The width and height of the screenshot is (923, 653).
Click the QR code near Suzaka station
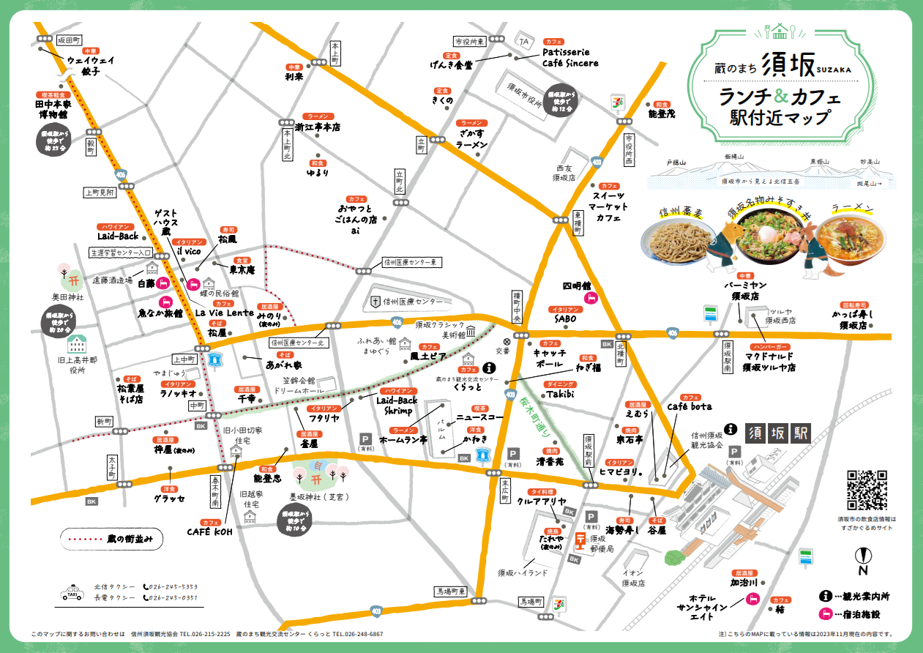[867, 490]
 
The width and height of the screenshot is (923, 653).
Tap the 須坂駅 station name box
[778, 433]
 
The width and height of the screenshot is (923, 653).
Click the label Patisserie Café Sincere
[570, 58]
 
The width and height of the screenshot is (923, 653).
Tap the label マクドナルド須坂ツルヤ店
[769, 362]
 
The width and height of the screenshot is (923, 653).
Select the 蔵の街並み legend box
[111, 538]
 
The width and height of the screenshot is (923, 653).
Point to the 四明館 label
[576, 286]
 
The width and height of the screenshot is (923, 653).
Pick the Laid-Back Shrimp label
[397, 406]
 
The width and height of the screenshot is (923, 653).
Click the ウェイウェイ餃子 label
[90, 66]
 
